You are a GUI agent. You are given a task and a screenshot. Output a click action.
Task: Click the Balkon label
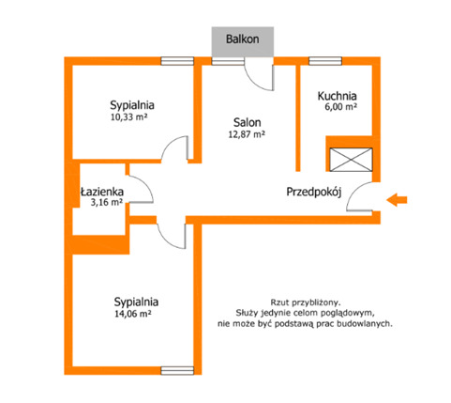pos(242,39)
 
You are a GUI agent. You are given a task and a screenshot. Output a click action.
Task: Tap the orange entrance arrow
pos(397,200)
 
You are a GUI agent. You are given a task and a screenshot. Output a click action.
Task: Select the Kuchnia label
pos(338,96)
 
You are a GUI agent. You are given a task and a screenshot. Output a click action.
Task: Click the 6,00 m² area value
pos(341,107)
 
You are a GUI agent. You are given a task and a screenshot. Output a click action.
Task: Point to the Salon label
pos(247,122)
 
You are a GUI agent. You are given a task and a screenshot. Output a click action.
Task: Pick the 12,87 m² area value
pos(247,134)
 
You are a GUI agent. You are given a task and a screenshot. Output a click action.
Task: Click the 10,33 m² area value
pos(129,117)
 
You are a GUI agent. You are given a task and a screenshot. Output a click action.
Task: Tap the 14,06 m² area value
pos(133,314)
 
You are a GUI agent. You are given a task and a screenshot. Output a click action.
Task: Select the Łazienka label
pos(102,192)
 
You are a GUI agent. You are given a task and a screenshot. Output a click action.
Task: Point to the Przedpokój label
pos(313,192)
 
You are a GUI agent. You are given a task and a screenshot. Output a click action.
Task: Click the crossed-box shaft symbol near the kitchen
pos(352,160)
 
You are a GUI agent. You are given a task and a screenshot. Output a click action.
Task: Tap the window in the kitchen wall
pos(325,61)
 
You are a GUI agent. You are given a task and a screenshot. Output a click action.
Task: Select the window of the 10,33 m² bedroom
pos(177,61)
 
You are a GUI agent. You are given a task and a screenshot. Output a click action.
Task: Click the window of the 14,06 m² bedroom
pos(177,371)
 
